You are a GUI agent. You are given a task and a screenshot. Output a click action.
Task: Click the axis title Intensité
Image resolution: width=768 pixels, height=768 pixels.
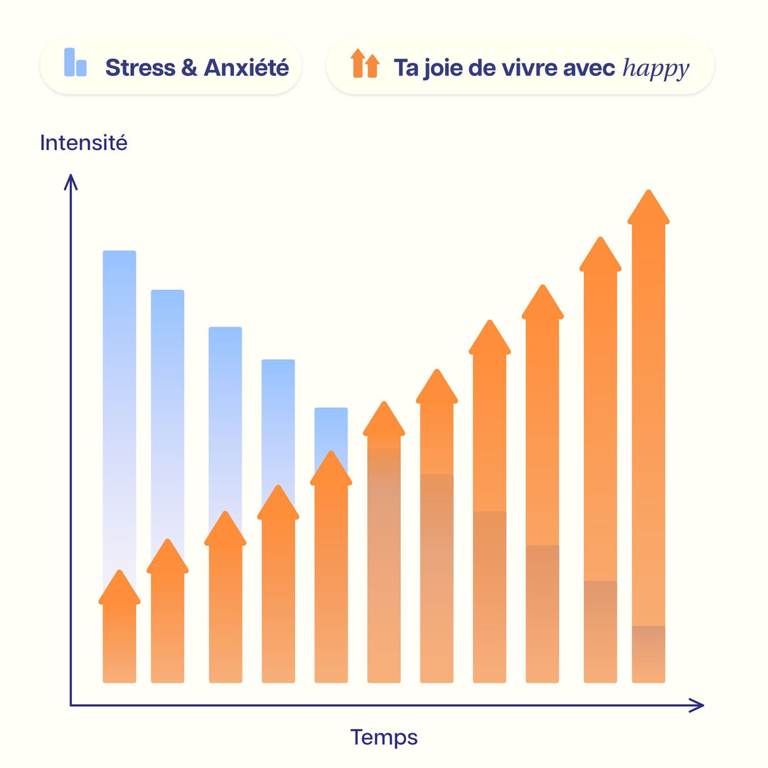coord(84,143)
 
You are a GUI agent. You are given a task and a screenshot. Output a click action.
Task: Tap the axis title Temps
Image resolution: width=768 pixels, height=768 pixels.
coord(383,737)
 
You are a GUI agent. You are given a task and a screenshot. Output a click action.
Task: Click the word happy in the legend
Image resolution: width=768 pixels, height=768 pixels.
coord(656,68)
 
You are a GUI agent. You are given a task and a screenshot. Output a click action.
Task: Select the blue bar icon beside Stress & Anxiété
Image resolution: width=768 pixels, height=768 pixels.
coord(75,63)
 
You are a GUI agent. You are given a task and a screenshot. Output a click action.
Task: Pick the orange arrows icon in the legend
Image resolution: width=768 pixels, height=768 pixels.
coord(365,64)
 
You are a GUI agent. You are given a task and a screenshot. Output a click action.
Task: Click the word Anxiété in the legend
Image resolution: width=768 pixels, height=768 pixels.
coord(246,68)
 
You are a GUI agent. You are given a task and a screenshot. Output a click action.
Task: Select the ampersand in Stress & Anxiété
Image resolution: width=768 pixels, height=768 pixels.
coord(189,68)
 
